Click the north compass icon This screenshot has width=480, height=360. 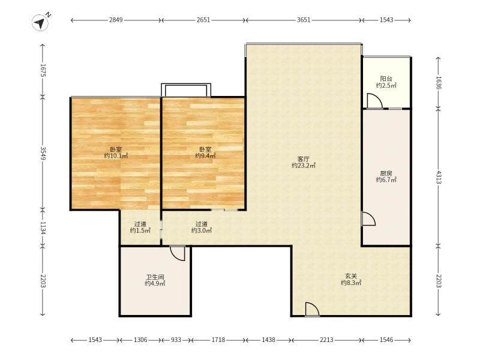point(40,22)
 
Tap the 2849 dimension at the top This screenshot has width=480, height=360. point(116,20)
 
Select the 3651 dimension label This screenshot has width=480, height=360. point(304,20)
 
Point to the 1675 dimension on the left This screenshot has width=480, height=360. point(43,70)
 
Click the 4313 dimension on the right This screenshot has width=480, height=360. point(438,177)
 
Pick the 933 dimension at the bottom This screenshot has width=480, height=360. point(176,340)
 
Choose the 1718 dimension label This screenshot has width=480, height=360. point(218,340)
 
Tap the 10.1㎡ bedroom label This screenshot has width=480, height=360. point(116,153)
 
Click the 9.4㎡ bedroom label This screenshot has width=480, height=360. point(205,153)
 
